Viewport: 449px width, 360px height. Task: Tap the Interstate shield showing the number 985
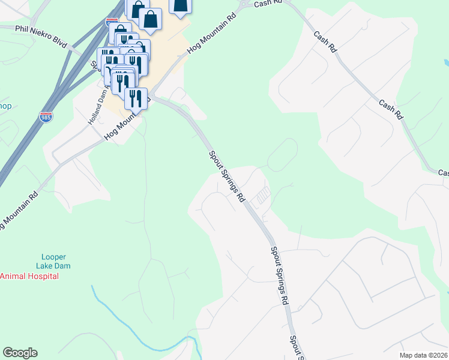coord(44,116)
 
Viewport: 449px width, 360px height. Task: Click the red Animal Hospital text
coord(29,276)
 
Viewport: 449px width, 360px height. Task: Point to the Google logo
coord(20,353)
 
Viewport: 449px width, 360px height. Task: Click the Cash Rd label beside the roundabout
coord(267,3)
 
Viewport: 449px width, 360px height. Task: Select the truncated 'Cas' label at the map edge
coord(443,173)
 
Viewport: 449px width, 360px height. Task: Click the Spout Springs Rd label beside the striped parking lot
coord(227,176)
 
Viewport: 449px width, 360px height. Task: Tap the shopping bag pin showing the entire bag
coord(150,19)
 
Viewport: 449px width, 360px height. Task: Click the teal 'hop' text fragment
coord(5,106)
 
